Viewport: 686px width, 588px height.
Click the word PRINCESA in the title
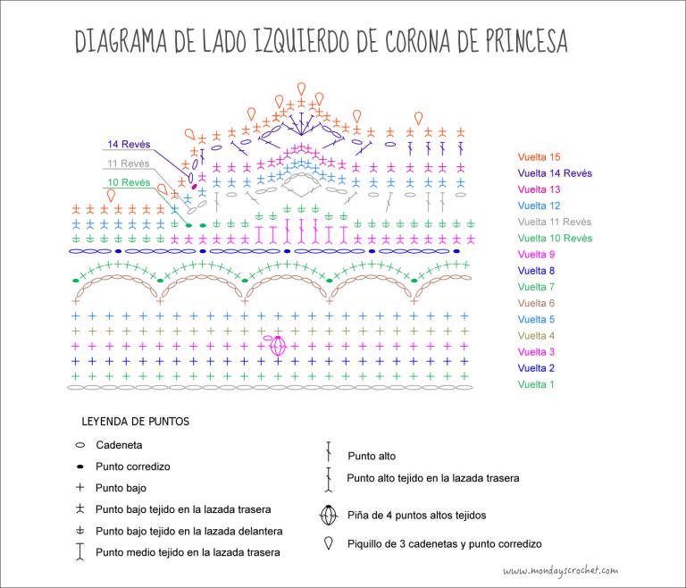(x=526, y=41)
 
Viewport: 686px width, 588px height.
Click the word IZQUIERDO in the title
(x=300, y=42)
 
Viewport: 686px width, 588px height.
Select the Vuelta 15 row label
(x=539, y=156)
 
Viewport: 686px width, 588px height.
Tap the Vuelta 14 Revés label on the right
(x=555, y=173)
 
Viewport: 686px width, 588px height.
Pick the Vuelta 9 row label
(x=536, y=255)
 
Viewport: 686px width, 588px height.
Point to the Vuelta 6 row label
(x=536, y=303)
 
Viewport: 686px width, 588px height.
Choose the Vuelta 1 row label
(x=536, y=384)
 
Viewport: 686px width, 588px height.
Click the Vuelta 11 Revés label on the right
(x=555, y=222)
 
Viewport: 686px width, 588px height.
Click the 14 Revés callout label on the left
(x=129, y=144)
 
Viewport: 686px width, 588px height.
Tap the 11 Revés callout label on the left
(x=129, y=164)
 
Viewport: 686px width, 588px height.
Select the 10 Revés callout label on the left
(x=129, y=182)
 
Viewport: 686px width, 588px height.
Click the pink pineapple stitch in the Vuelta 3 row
(x=278, y=346)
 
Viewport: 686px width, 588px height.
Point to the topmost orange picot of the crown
(x=301, y=88)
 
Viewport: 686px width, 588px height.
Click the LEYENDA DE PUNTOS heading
(x=136, y=422)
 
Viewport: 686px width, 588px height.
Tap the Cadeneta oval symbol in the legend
(x=80, y=445)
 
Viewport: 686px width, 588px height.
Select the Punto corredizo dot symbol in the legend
(x=80, y=466)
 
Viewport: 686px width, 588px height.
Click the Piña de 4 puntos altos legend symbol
(x=329, y=515)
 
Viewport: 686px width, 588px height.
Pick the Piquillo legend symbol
(x=328, y=543)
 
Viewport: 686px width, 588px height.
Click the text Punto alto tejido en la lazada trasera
(x=433, y=478)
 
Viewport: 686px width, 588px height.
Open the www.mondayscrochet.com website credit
(x=561, y=570)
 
